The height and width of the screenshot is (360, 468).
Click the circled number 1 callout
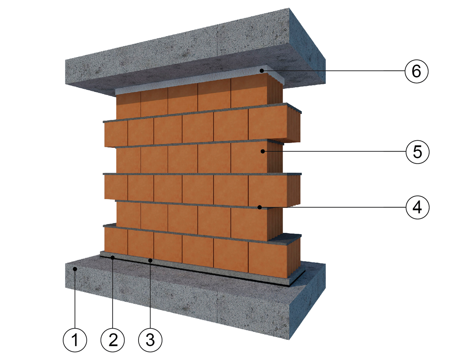coord(75,340)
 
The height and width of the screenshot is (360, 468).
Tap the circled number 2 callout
coord(113,340)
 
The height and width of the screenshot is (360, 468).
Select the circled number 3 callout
coord(150,340)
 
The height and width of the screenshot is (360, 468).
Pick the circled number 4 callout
coord(417,207)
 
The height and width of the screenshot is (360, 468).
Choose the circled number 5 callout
coord(417,152)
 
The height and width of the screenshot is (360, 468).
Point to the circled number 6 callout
coord(417,71)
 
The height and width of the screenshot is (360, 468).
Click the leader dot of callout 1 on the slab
coord(75,269)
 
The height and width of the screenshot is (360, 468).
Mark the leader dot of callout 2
coord(113,257)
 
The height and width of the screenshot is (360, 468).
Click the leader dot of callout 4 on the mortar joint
coord(259,207)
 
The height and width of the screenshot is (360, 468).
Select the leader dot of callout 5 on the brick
coord(263,152)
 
